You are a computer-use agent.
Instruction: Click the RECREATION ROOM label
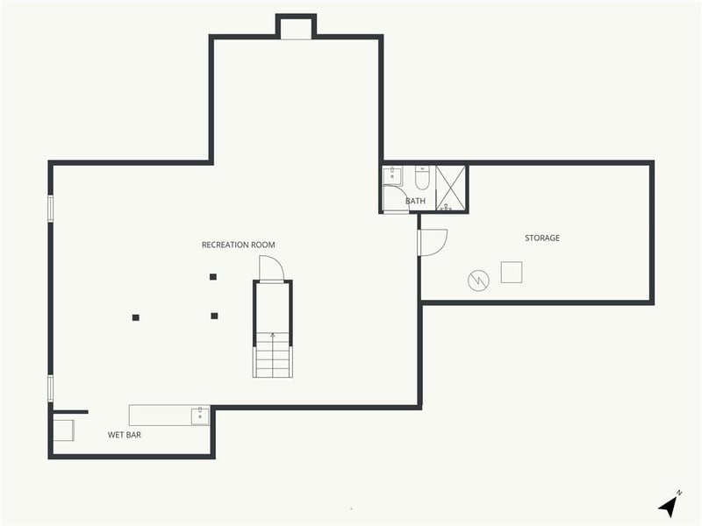click(x=239, y=245)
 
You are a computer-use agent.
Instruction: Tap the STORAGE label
click(x=542, y=238)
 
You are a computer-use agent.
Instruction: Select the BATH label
click(x=415, y=202)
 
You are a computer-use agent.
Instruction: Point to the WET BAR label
click(x=125, y=434)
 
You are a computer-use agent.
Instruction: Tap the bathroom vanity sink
click(x=391, y=175)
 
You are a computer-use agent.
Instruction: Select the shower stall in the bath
click(x=450, y=188)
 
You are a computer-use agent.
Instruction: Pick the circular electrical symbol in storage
click(x=478, y=281)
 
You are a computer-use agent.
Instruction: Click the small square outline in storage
click(x=511, y=273)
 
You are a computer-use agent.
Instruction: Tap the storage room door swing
click(x=433, y=241)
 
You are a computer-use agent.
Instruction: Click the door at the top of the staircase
click(x=271, y=268)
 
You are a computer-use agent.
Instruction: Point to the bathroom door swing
click(x=394, y=199)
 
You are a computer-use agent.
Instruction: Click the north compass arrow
click(x=670, y=505)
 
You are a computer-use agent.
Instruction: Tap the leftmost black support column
click(x=136, y=317)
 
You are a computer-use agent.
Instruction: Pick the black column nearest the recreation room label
click(x=213, y=277)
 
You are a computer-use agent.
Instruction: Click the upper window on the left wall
click(x=50, y=208)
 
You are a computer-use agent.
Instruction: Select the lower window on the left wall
click(x=50, y=387)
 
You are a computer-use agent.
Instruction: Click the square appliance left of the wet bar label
click(x=63, y=430)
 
